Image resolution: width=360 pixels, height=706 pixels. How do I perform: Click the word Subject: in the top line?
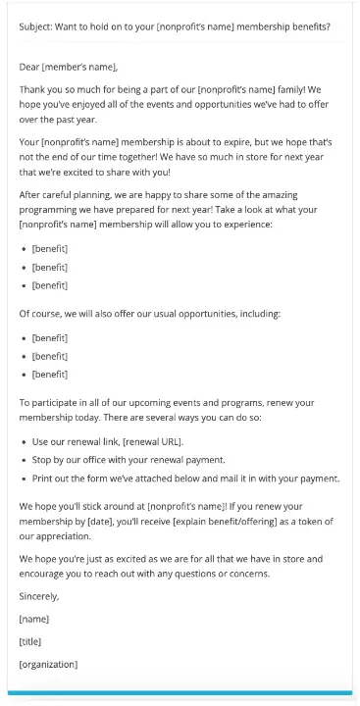click(x=37, y=26)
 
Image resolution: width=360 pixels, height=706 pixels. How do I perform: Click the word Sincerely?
click(x=39, y=595)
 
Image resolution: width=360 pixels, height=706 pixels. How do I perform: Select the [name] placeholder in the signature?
click(x=34, y=619)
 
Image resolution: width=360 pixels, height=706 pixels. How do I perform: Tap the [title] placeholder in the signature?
click(x=32, y=641)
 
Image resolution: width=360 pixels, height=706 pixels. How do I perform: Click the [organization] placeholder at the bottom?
click(x=48, y=664)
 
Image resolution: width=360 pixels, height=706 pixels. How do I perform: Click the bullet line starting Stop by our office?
click(x=129, y=460)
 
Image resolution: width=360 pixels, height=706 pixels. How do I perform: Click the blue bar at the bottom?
click(x=180, y=694)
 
